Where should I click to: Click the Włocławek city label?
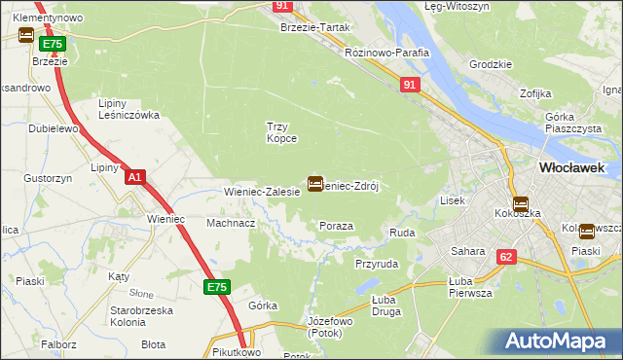pos(571,167)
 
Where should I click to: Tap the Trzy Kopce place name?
pos(281,132)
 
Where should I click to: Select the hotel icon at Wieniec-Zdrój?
pos(315,183)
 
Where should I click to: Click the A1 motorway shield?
pos(135,177)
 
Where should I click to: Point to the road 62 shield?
pos(505,257)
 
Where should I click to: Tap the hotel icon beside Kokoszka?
pos(520,205)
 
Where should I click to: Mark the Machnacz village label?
pos(231,223)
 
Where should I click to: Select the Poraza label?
pos(336,226)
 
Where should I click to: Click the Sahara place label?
pos(467,251)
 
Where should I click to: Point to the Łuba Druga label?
pos(387,306)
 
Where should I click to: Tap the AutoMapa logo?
pos(558,342)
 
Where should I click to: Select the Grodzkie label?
pos(490,64)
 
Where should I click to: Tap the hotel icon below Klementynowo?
pos(26,36)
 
